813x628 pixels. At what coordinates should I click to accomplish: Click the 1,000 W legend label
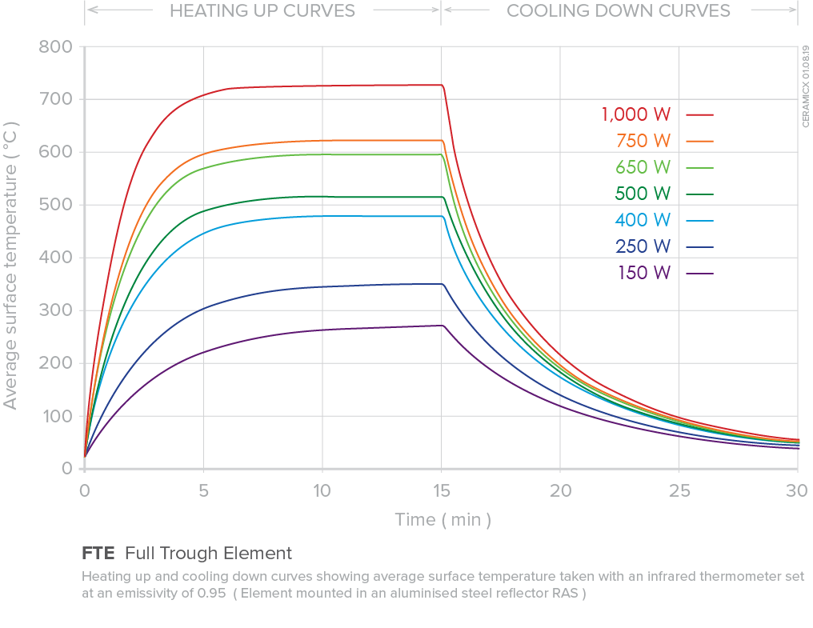636,114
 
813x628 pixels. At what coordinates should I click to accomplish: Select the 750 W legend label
643,141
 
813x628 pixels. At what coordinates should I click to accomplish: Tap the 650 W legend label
643,167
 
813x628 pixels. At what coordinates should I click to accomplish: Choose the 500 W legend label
643,194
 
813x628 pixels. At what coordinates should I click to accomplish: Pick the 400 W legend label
643,220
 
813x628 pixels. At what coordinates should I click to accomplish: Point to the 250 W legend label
643,246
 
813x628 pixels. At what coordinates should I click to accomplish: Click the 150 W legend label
643,273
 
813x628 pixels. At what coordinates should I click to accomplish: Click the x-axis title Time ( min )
443,520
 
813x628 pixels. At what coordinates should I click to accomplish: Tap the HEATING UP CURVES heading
262,11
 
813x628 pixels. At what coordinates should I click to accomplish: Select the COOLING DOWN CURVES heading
619,11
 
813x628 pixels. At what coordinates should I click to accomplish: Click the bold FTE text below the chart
98,553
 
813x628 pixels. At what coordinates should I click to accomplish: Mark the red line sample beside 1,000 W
699,115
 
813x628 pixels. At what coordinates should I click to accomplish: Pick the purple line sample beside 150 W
699,274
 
